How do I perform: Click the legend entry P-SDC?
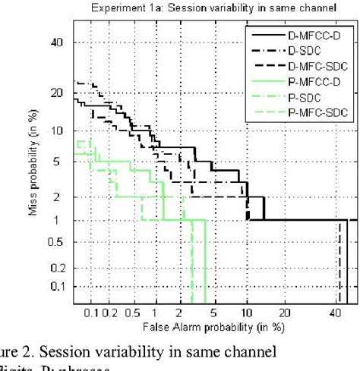coord(311,96)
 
